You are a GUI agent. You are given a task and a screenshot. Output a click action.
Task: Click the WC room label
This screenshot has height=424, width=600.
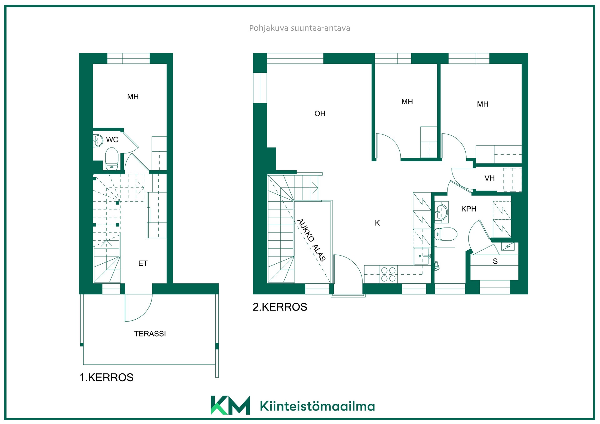pos(112,140)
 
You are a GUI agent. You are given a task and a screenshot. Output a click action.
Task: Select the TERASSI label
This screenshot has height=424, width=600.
pos(150,334)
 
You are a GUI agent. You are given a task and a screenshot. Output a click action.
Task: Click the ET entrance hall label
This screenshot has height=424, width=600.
pos(143,263)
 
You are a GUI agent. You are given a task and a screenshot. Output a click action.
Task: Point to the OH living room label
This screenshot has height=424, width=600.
pos(320,113)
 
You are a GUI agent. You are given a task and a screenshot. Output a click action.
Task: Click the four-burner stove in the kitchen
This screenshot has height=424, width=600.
pos(388,274)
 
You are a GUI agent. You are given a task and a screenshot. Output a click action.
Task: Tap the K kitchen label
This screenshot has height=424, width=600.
pos(377,223)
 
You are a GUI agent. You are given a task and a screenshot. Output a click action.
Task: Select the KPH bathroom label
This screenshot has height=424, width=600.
pos(469,209)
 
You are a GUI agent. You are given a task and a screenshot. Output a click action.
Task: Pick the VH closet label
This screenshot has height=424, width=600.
pos(490,178)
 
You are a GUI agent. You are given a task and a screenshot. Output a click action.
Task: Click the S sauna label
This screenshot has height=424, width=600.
pos(495,261)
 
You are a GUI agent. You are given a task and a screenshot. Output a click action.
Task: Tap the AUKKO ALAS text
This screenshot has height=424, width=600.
pos(311,240)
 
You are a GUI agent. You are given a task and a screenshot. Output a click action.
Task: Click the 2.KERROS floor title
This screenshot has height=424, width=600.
pos(280,307)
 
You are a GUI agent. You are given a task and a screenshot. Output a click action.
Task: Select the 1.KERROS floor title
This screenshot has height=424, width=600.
pos(107,377)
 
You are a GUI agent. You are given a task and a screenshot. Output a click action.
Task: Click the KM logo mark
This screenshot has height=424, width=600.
pos(231,405)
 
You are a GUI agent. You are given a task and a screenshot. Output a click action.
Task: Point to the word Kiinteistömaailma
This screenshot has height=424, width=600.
pos(317,406)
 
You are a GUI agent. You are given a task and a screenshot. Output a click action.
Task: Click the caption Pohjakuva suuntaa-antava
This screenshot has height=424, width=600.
pos(299,28)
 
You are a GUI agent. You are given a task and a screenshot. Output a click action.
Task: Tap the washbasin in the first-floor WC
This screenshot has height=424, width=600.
pos(98,141)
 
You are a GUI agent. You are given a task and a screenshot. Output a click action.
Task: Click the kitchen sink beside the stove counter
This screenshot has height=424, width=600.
pos(422,256)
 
